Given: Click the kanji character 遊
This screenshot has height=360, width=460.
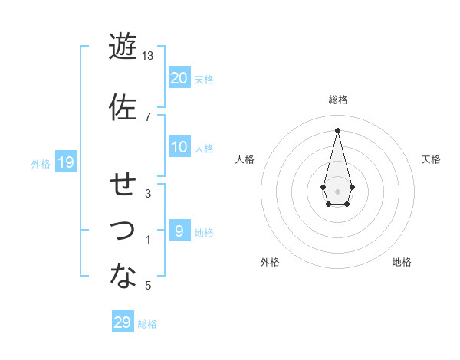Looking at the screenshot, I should pos(122,47).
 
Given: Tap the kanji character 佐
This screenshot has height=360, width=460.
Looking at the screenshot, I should pos(122,107).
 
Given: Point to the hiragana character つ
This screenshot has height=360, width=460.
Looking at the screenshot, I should pos(122,230).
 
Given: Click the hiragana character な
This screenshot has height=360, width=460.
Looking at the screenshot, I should pos(122,276).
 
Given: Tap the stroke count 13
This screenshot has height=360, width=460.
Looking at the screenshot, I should pos(148,56).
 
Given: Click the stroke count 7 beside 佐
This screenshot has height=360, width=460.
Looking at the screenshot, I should pos(148,116).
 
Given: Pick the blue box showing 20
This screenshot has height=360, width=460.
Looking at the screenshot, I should pos(179,78).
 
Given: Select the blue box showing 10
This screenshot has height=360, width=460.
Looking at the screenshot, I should pos(179,147).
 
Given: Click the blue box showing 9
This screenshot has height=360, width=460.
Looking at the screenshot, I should pos(179,231).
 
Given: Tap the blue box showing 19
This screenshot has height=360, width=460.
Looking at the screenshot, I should pos(65,162).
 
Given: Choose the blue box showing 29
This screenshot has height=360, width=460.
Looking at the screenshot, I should pos(122,322).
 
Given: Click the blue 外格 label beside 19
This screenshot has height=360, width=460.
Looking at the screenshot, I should pos(41,163).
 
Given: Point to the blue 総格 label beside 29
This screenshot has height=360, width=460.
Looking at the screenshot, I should pos(147,324).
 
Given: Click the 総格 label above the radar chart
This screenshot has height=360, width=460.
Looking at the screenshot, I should pos(337,100).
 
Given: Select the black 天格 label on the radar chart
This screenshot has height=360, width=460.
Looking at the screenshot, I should pos(431,159).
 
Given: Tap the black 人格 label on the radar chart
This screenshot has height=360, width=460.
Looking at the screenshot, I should pos(245,159).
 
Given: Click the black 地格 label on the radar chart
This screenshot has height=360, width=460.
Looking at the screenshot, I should pos(402,262).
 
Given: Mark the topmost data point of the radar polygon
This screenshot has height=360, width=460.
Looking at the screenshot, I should pos(337,129).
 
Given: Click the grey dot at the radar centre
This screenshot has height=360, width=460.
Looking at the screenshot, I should pos(337,191).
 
